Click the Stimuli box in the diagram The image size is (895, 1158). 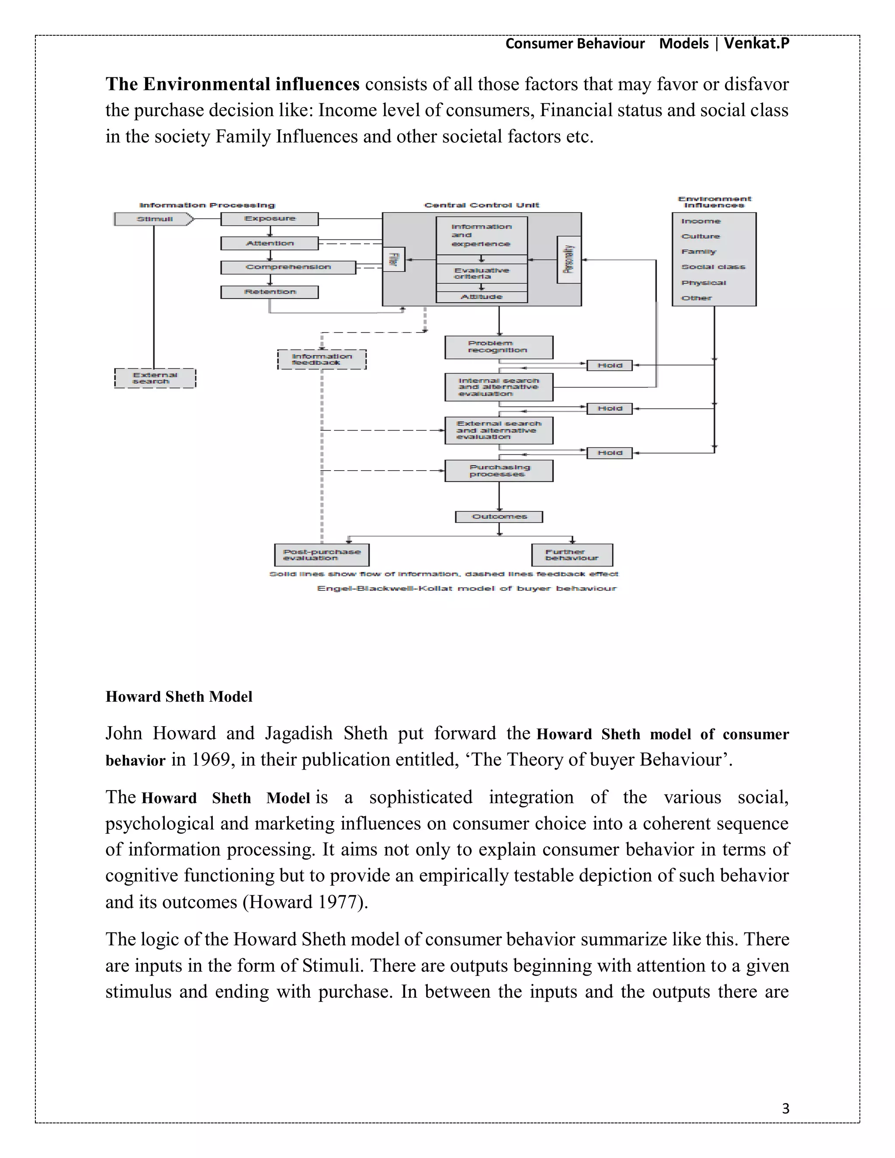[153, 219]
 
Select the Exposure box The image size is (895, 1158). [269, 219]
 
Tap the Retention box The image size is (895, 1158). [269, 292]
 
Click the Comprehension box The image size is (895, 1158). [288, 267]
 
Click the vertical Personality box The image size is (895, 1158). [569, 260]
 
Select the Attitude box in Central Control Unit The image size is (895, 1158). [482, 297]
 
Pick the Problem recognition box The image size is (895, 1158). [498, 347]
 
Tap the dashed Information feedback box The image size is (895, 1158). [322, 360]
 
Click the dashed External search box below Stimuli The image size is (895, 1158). [155, 378]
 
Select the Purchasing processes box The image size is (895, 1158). [498, 471]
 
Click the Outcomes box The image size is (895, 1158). [499, 517]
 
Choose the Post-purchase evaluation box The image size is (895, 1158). [322, 555]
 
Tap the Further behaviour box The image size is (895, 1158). [572, 555]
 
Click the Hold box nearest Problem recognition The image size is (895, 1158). [609, 365]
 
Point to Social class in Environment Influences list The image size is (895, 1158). [713, 267]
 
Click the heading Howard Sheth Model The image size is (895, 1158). [179, 697]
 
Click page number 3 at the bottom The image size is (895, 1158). [785, 1109]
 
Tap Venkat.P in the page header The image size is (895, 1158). [756, 43]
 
